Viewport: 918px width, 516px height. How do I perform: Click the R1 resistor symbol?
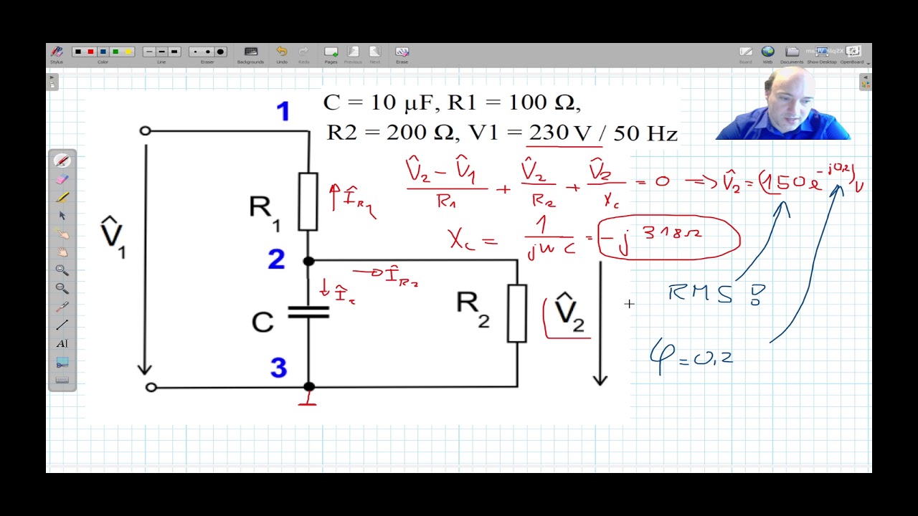[308, 201]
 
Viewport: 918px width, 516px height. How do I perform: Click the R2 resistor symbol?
[517, 313]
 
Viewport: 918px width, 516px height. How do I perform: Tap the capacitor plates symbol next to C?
[308, 312]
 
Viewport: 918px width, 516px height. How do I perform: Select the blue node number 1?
[283, 112]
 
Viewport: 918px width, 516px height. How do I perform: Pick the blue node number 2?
[276, 259]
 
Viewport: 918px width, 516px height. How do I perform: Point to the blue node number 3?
[278, 368]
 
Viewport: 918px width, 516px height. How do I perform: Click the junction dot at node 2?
[308, 261]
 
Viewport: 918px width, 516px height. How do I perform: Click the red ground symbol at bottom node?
[308, 399]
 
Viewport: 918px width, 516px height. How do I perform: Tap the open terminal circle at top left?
[146, 131]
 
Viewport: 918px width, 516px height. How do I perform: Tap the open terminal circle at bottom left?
[151, 387]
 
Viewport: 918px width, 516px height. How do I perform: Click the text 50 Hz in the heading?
[648, 133]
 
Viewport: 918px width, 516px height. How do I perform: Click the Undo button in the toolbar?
[282, 52]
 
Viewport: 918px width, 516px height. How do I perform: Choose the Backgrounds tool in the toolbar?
[250, 52]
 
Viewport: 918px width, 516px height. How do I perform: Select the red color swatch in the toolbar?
[90, 52]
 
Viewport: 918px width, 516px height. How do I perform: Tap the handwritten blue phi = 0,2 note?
[692, 357]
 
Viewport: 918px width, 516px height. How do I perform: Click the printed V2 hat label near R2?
[568, 312]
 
